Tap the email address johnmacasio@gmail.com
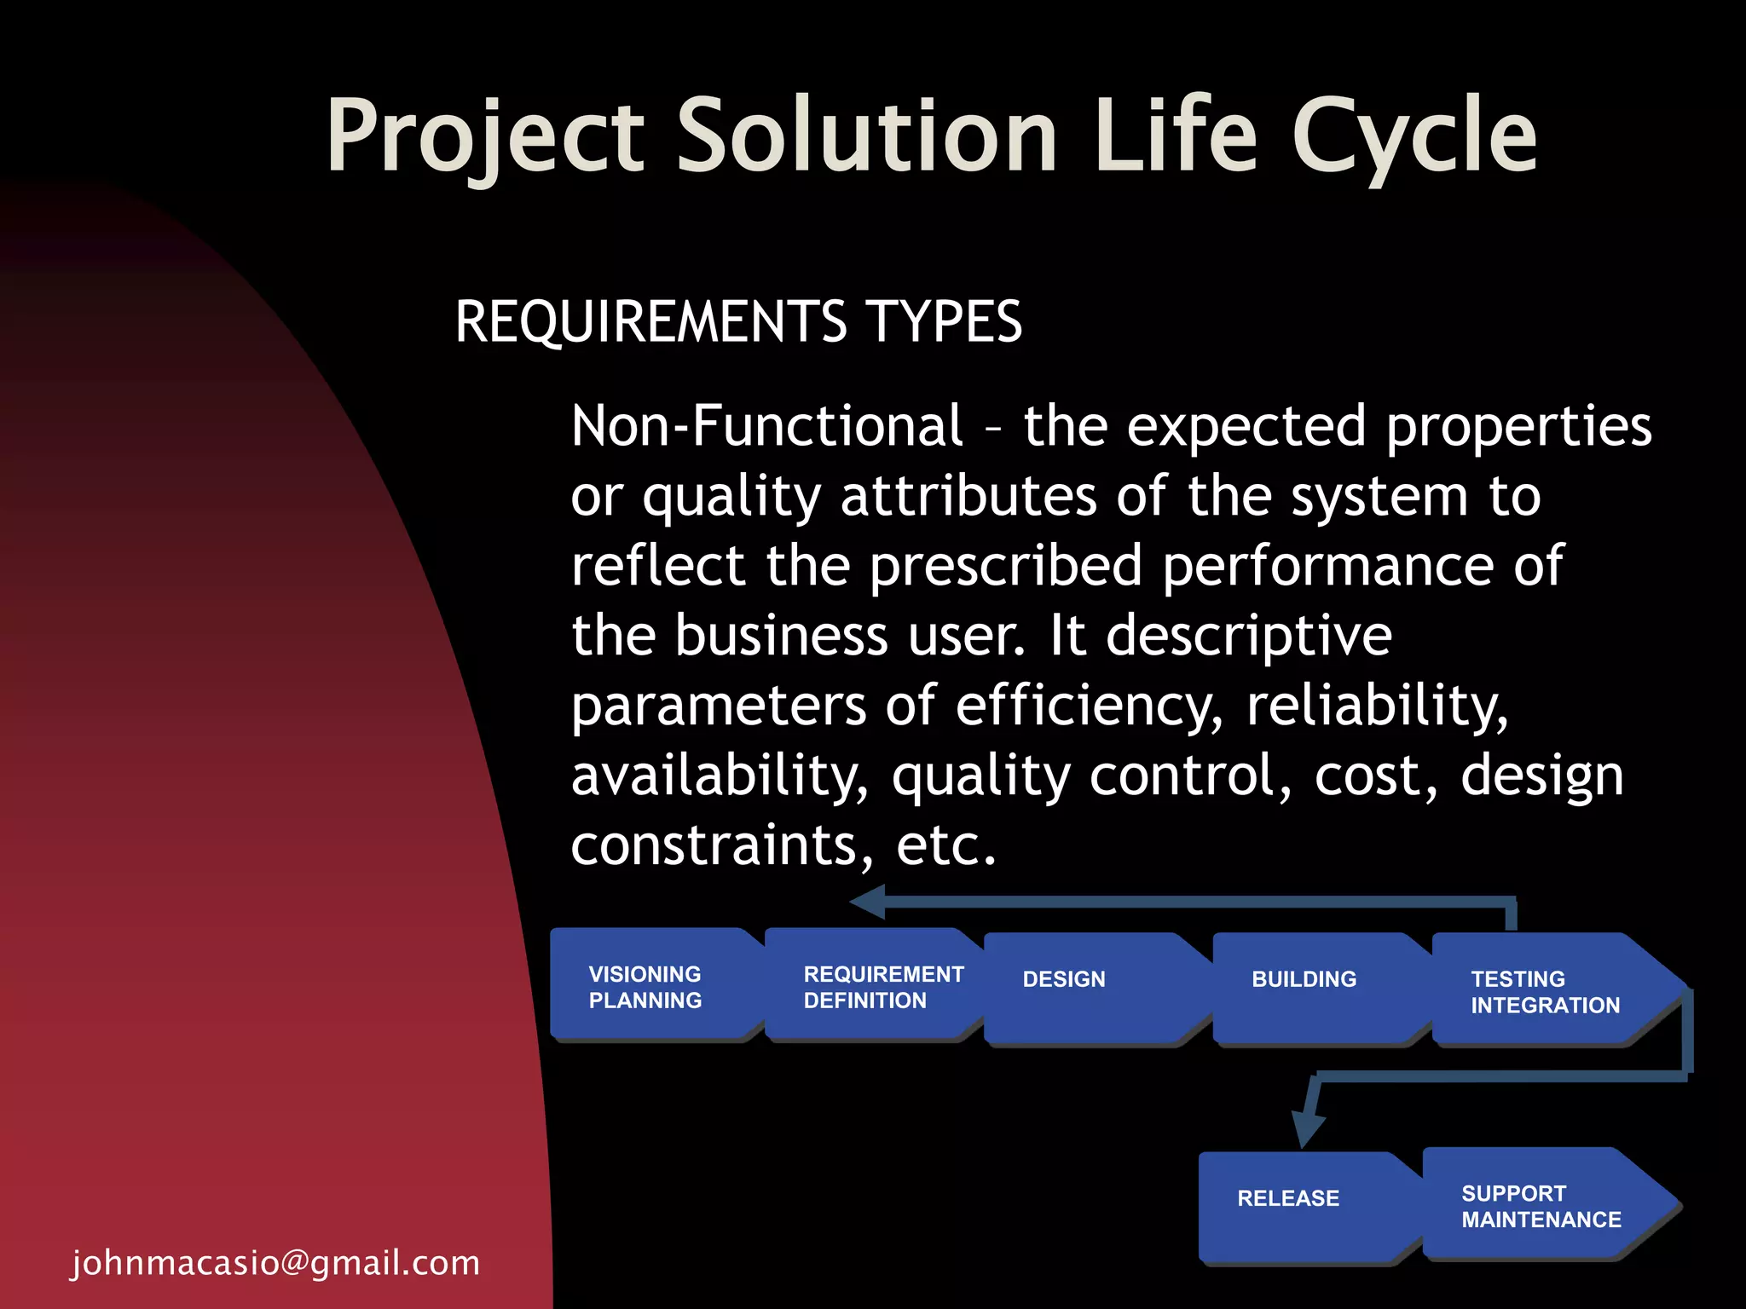click(275, 1262)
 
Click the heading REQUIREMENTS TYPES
click(737, 322)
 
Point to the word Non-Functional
click(766, 426)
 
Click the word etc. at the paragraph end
click(945, 845)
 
